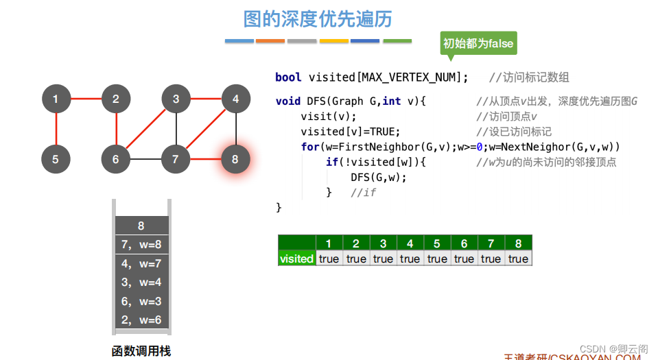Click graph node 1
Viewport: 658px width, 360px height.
(x=56, y=99)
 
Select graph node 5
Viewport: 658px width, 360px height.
(x=56, y=160)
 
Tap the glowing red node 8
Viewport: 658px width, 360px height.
(x=235, y=160)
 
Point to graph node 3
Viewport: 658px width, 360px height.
(x=176, y=99)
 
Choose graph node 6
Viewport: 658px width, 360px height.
(x=115, y=160)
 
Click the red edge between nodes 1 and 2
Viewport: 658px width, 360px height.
(x=86, y=99)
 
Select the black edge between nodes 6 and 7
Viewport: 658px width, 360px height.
(x=145, y=160)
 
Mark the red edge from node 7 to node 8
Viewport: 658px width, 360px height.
(x=206, y=160)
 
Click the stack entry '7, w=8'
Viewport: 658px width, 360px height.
(x=141, y=245)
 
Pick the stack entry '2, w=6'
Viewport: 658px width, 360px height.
(x=141, y=320)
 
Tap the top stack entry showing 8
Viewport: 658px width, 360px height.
(x=141, y=226)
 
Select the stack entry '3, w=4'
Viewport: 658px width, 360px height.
(x=141, y=282)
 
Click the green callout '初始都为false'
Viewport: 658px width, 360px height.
(x=478, y=43)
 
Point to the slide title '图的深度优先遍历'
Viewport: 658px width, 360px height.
(x=318, y=19)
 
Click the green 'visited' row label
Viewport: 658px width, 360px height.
(x=296, y=259)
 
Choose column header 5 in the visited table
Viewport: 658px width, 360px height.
(x=437, y=243)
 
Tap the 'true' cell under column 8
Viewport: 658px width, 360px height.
(x=518, y=259)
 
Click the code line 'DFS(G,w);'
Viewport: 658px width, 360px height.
(x=379, y=178)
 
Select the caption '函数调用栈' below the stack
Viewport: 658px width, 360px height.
(x=141, y=351)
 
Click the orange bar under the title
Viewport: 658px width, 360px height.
(x=270, y=41)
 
